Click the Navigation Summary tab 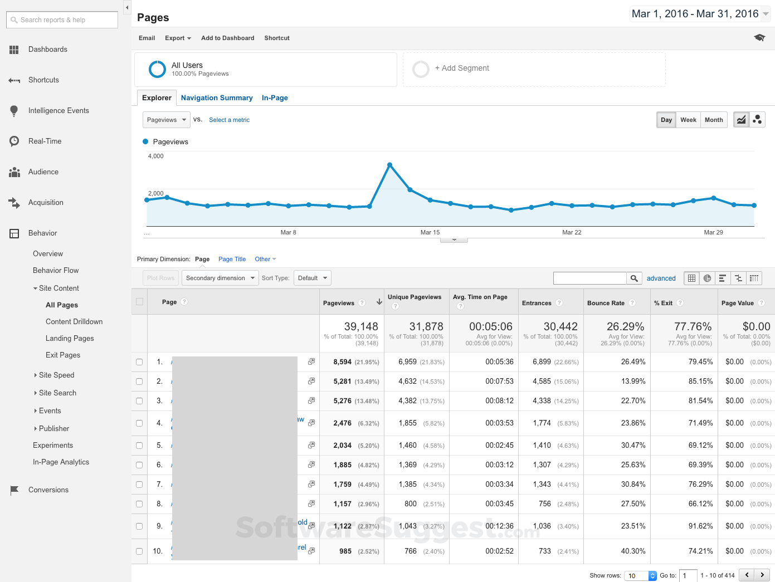(x=217, y=98)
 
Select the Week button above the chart (x=688, y=120)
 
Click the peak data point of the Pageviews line (x=389, y=165)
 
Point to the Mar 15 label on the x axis (x=430, y=232)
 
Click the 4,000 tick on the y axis (x=156, y=156)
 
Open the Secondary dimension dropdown (x=220, y=278)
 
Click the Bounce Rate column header (x=606, y=303)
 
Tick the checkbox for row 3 (x=139, y=401)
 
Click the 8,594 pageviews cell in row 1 (x=342, y=362)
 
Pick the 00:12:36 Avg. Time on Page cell (x=499, y=526)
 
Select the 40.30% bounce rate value (x=633, y=551)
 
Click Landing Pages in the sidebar (x=70, y=339)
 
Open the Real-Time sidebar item (x=45, y=141)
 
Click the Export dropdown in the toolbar (x=178, y=38)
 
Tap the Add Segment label (x=462, y=69)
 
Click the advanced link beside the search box (x=661, y=278)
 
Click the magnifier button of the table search (x=634, y=278)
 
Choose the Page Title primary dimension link (x=232, y=260)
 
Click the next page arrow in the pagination (x=762, y=575)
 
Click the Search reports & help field (x=62, y=20)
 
